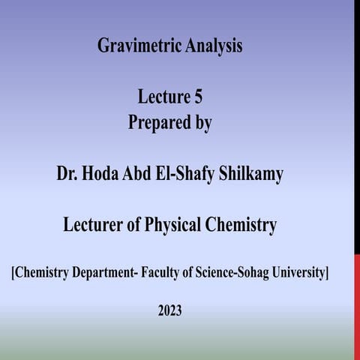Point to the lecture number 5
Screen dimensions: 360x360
point(198,97)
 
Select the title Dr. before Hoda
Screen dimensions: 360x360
point(67,174)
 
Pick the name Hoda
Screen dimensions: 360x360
point(100,174)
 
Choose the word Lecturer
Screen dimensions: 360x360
point(95,224)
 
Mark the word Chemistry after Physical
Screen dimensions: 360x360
point(243,224)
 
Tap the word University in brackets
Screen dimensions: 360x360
point(298,273)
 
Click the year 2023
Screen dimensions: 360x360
point(169,309)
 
